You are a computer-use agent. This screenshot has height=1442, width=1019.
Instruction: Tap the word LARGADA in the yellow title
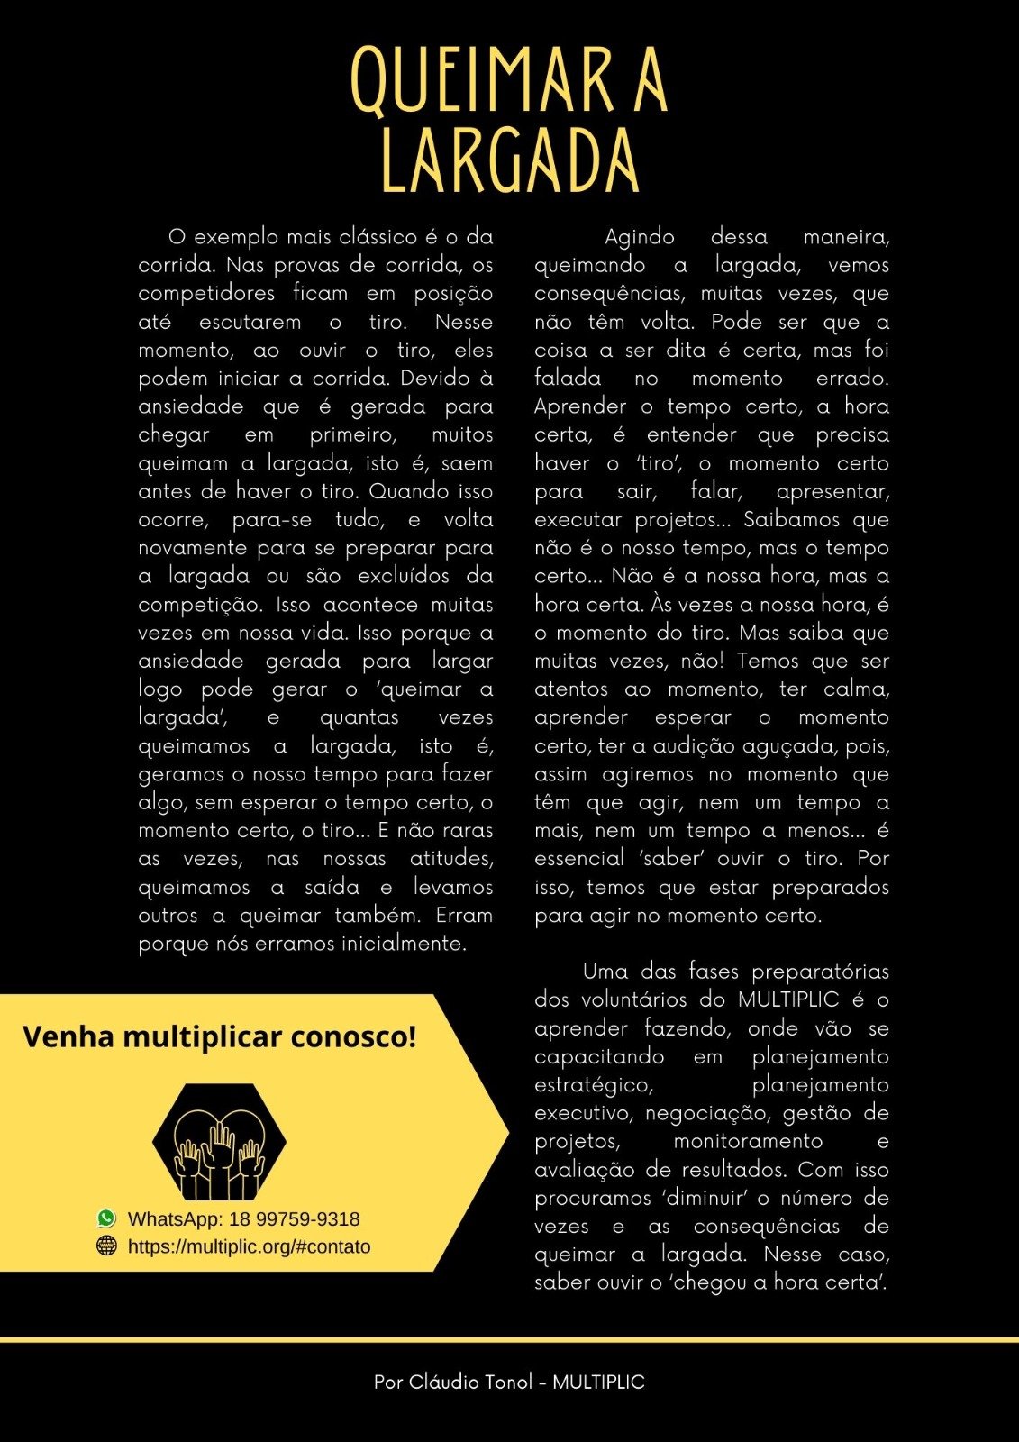click(x=510, y=161)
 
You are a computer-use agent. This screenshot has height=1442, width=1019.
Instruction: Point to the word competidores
click(x=206, y=294)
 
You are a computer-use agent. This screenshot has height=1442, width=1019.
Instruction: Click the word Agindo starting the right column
click(x=640, y=237)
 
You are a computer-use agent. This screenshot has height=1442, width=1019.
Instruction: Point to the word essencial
click(x=578, y=859)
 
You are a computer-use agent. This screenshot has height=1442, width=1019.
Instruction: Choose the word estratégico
click(x=592, y=1085)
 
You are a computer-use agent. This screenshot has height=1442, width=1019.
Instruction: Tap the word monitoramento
click(x=748, y=1141)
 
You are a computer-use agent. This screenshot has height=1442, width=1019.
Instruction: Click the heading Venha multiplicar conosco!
click(x=220, y=1036)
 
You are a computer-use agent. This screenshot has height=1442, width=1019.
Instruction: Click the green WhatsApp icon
click(x=106, y=1218)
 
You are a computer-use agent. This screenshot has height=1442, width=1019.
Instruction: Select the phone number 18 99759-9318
click(x=294, y=1219)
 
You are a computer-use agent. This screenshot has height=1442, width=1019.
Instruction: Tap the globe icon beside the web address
click(x=106, y=1246)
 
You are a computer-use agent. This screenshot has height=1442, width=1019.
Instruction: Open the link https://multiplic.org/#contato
click(x=249, y=1246)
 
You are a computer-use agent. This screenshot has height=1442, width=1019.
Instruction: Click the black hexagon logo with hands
click(x=219, y=1142)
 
